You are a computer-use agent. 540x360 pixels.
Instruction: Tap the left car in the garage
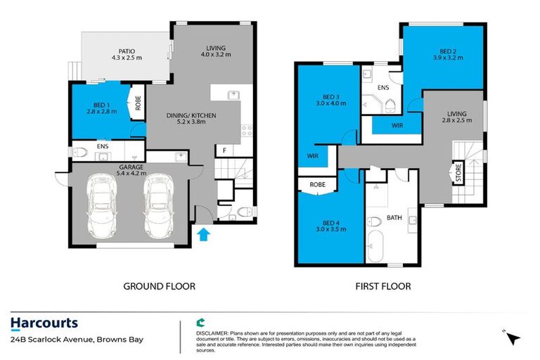[x=102, y=207]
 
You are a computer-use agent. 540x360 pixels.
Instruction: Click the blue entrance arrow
[x=203, y=234]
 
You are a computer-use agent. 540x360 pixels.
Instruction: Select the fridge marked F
[x=224, y=150]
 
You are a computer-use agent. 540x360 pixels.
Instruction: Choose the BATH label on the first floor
[x=394, y=218]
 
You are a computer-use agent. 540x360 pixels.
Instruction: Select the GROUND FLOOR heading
[x=159, y=286]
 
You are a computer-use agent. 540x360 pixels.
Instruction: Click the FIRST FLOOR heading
[x=382, y=286]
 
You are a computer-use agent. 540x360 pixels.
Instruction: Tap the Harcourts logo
[x=44, y=324]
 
